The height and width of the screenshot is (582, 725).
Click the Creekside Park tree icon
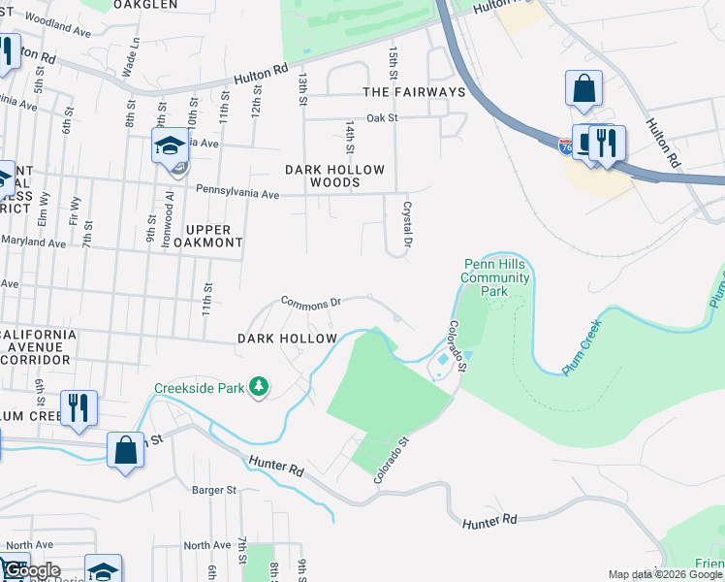click(x=258, y=388)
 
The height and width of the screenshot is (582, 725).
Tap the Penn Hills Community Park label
click(x=496, y=277)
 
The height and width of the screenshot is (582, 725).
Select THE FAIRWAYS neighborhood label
click(x=414, y=92)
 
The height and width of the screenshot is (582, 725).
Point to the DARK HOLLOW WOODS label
click(x=334, y=176)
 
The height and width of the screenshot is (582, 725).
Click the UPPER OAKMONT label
click(x=207, y=235)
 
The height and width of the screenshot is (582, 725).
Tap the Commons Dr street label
click(x=310, y=302)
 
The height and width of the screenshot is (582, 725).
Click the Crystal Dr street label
click(x=408, y=222)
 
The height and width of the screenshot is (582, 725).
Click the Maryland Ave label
click(x=33, y=241)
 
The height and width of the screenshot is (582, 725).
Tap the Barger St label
click(x=214, y=491)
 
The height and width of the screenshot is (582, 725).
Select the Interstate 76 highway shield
click(x=565, y=146)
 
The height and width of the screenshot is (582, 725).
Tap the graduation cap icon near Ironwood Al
click(x=170, y=147)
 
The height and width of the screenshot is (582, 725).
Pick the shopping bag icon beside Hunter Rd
click(x=125, y=450)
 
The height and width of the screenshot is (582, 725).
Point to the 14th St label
click(x=349, y=137)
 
